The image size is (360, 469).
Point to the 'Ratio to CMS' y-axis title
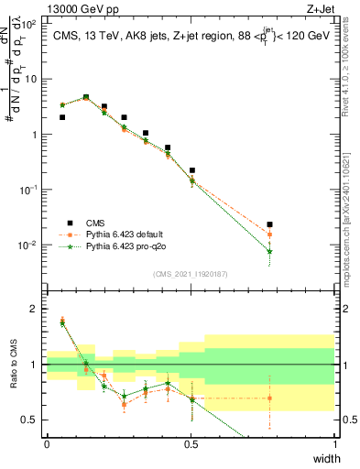click(x=13, y=365)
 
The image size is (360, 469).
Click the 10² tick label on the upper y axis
click(x=30, y=25)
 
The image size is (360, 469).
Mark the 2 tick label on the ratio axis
click(x=36, y=309)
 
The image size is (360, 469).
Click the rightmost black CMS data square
click(x=269, y=224)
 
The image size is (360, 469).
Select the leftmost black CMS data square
click(x=62, y=117)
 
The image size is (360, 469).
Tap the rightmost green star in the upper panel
click(x=269, y=251)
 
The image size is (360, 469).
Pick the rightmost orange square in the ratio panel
click(x=269, y=398)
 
